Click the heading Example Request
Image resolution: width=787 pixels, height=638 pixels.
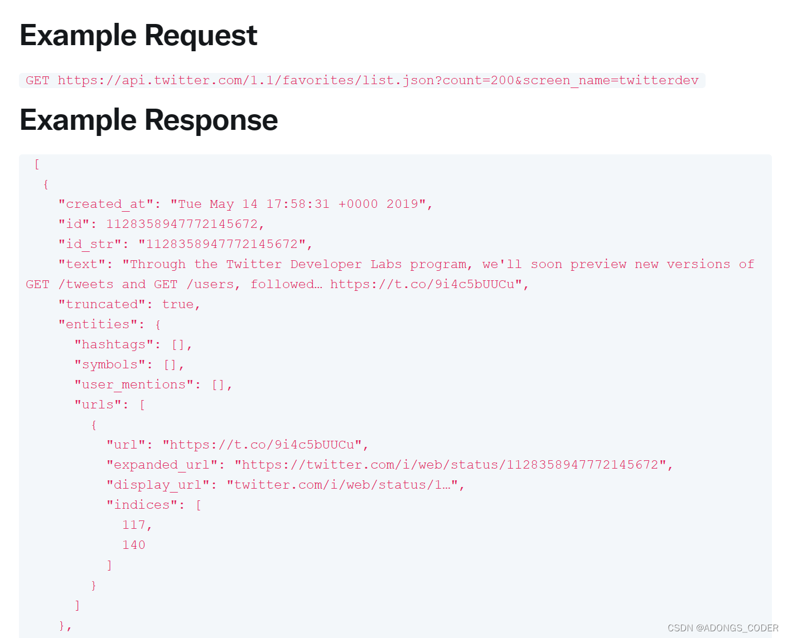(138, 36)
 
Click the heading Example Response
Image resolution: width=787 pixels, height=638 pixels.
(148, 120)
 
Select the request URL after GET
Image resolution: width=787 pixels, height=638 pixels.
(378, 81)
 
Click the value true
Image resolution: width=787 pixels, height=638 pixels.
(178, 305)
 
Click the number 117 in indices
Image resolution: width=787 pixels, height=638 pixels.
(134, 525)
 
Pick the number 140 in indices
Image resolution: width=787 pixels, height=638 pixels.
(134, 546)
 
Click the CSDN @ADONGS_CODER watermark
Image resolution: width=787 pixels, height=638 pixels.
(723, 628)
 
